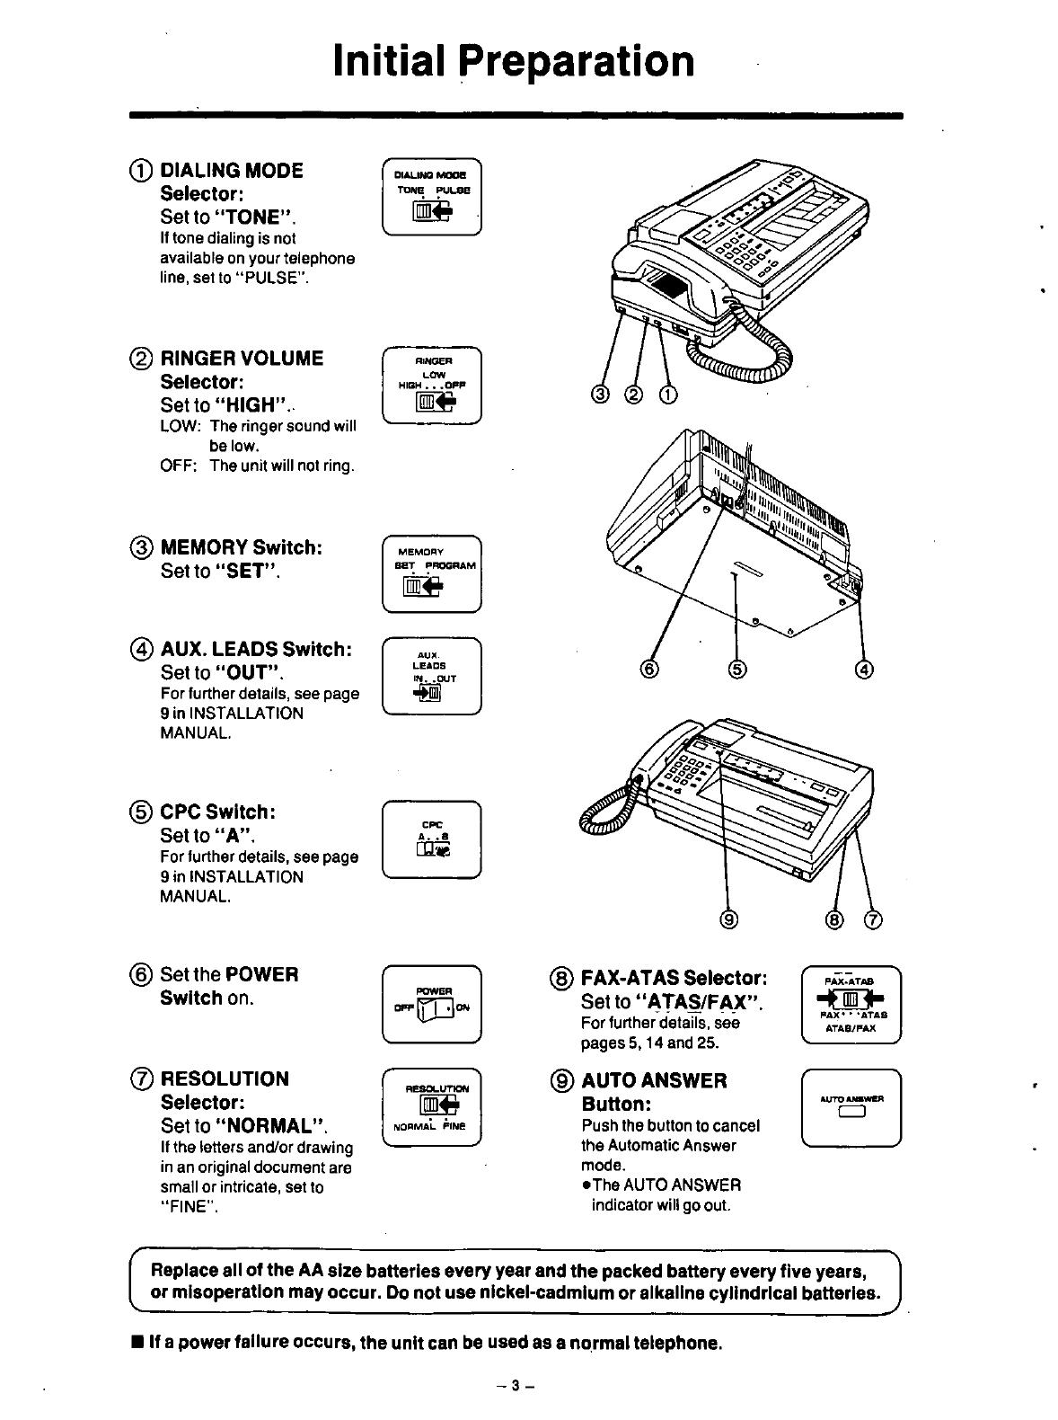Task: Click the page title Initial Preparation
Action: point(513,61)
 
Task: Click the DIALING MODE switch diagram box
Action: point(432,197)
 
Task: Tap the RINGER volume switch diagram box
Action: point(432,385)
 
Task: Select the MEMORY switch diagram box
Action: point(432,572)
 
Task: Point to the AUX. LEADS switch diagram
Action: point(432,674)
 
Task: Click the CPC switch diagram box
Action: point(432,839)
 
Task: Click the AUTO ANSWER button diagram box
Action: point(851,1107)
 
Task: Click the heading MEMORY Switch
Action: point(240,547)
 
